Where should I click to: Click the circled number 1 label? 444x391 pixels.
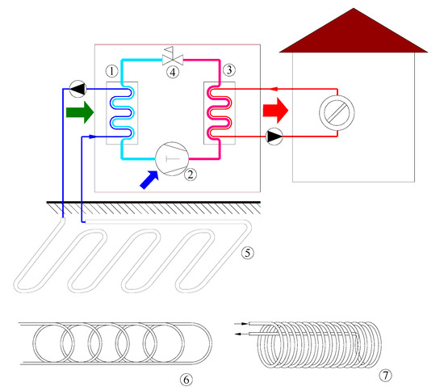(x=112, y=71)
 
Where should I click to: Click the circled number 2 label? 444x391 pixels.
(x=191, y=174)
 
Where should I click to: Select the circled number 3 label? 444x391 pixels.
(x=229, y=69)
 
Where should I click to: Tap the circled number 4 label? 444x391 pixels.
(x=173, y=72)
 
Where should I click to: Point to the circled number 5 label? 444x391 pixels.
(x=248, y=252)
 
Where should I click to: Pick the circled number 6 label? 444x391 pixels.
(x=186, y=380)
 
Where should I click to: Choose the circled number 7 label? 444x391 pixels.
(x=385, y=376)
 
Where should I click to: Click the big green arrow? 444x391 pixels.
(x=80, y=112)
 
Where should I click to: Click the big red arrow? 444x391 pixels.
(x=275, y=111)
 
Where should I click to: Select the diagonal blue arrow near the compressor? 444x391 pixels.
(x=149, y=180)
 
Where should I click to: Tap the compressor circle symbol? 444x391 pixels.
(x=172, y=158)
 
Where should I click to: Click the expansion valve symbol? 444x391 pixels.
(x=173, y=57)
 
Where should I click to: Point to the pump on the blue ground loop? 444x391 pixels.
(x=77, y=89)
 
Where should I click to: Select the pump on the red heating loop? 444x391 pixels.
(x=274, y=137)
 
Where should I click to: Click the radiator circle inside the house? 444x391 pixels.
(x=337, y=113)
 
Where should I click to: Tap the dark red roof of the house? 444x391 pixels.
(x=354, y=34)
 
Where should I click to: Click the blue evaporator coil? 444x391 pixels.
(x=123, y=112)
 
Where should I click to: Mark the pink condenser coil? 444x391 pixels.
(x=220, y=112)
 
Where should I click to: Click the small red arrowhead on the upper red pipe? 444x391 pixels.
(x=273, y=89)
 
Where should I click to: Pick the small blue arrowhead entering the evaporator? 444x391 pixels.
(x=93, y=137)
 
